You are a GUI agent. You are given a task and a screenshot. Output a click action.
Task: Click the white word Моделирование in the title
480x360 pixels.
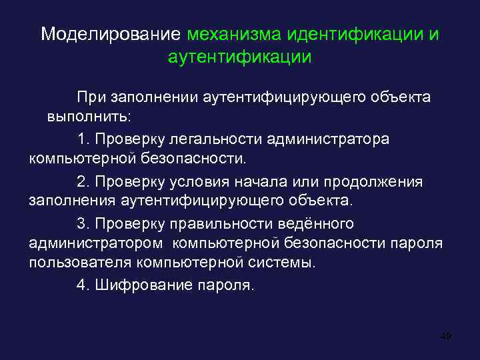[111, 34]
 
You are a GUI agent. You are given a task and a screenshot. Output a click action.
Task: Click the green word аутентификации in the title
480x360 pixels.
[239, 57]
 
